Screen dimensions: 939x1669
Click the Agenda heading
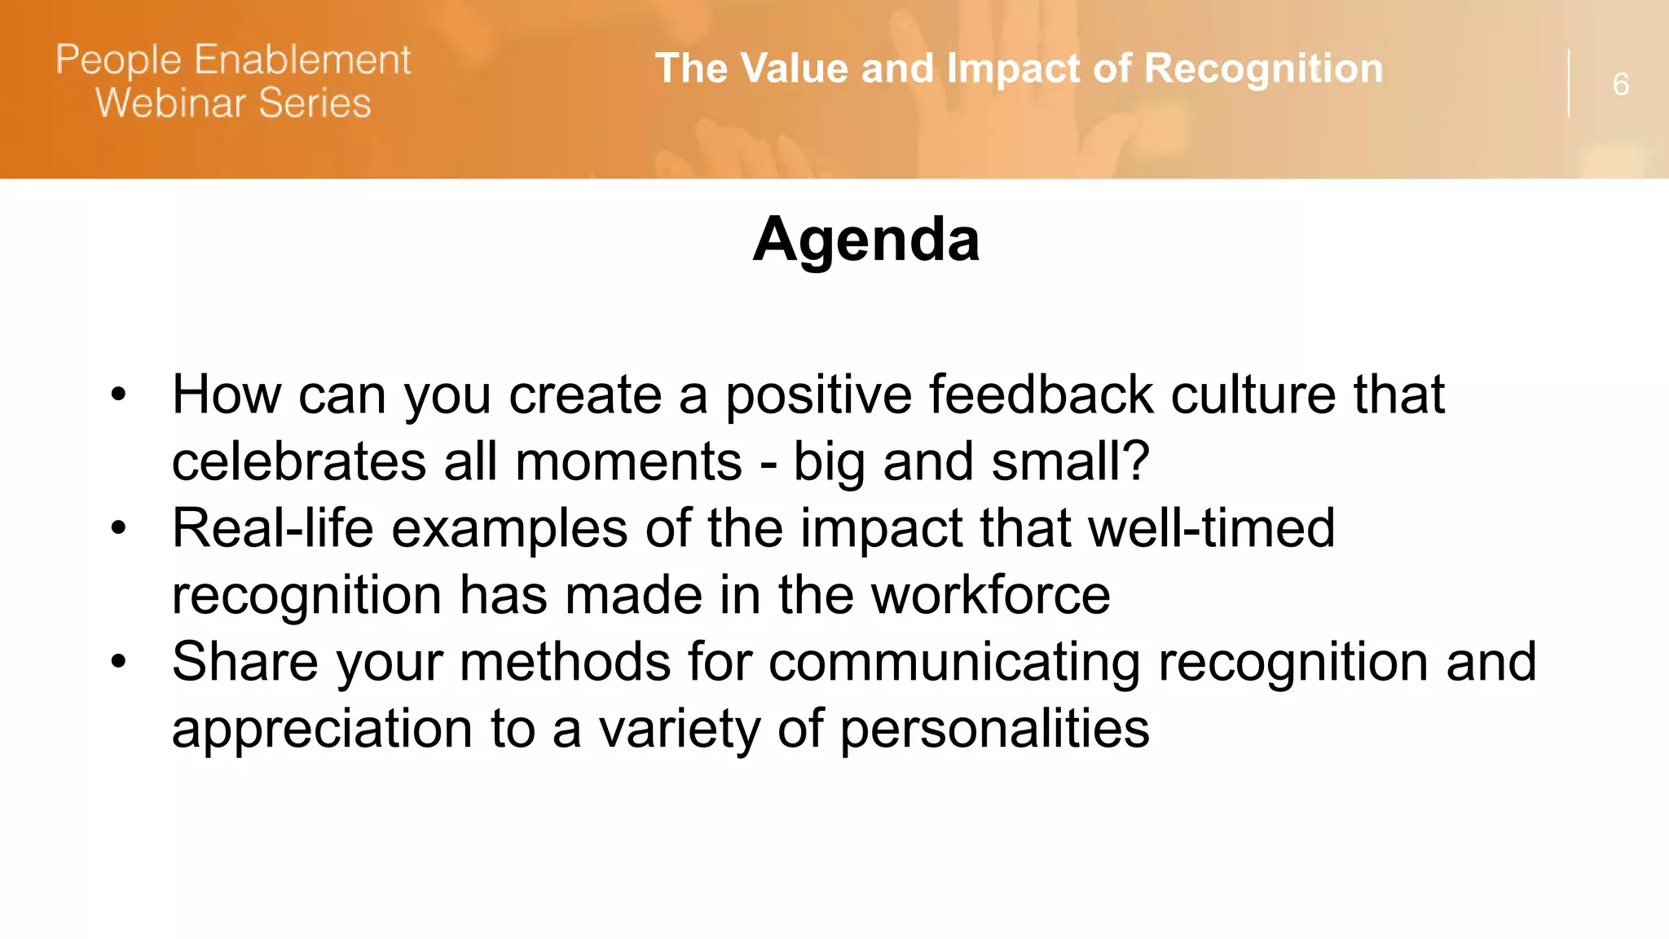865,240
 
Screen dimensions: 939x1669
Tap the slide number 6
1620,85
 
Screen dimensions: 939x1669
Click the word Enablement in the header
303,60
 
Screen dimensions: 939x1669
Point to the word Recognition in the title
1263,68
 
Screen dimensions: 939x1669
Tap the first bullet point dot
119,395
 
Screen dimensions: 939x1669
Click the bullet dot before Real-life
119,528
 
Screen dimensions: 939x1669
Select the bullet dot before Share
119,661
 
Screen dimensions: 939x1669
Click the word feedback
1041,395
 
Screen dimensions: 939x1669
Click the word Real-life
272,528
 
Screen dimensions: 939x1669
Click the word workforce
990,595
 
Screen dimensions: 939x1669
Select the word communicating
954,662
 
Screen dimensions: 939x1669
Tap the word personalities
994,729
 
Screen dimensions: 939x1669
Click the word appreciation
322,729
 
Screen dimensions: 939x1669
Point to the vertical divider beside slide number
1569,83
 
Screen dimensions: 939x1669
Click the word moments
628,461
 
